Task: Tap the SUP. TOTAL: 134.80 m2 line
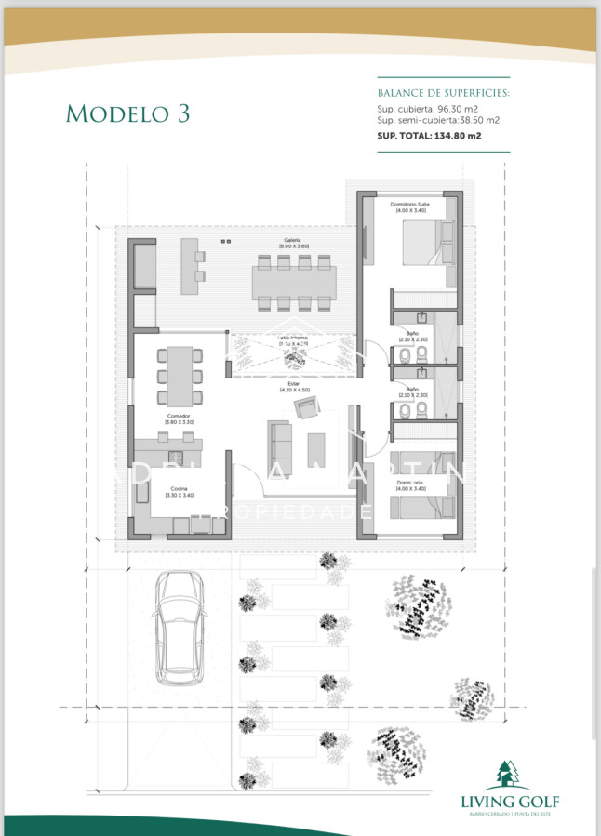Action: [x=429, y=136]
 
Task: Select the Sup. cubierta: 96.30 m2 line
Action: [x=434, y=109]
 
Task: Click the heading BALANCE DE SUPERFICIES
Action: [x=444, y=94]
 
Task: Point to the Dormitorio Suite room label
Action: [x=409, y=204]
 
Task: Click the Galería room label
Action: [x=292, y=241]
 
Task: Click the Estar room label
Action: [x=294, y=384]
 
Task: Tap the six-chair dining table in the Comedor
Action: [x=180, y=367]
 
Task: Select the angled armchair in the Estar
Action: [x=306, y=406]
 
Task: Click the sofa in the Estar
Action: [x=280, y=445]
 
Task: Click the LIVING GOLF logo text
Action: [x=510, y=800]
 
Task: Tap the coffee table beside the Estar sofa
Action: [x=317, y=449]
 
